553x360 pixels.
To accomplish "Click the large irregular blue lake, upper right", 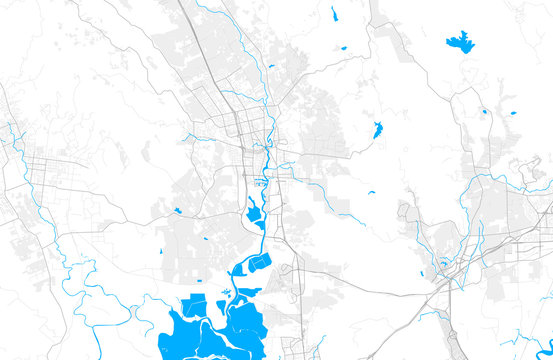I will point(460,42).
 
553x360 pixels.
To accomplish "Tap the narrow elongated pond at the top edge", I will point(334,14).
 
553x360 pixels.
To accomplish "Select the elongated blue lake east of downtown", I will point(377,130).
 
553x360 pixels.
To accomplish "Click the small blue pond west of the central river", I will point(177,210).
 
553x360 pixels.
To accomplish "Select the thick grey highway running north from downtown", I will point(200,40).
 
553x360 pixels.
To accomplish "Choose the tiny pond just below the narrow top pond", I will point(342,47).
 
